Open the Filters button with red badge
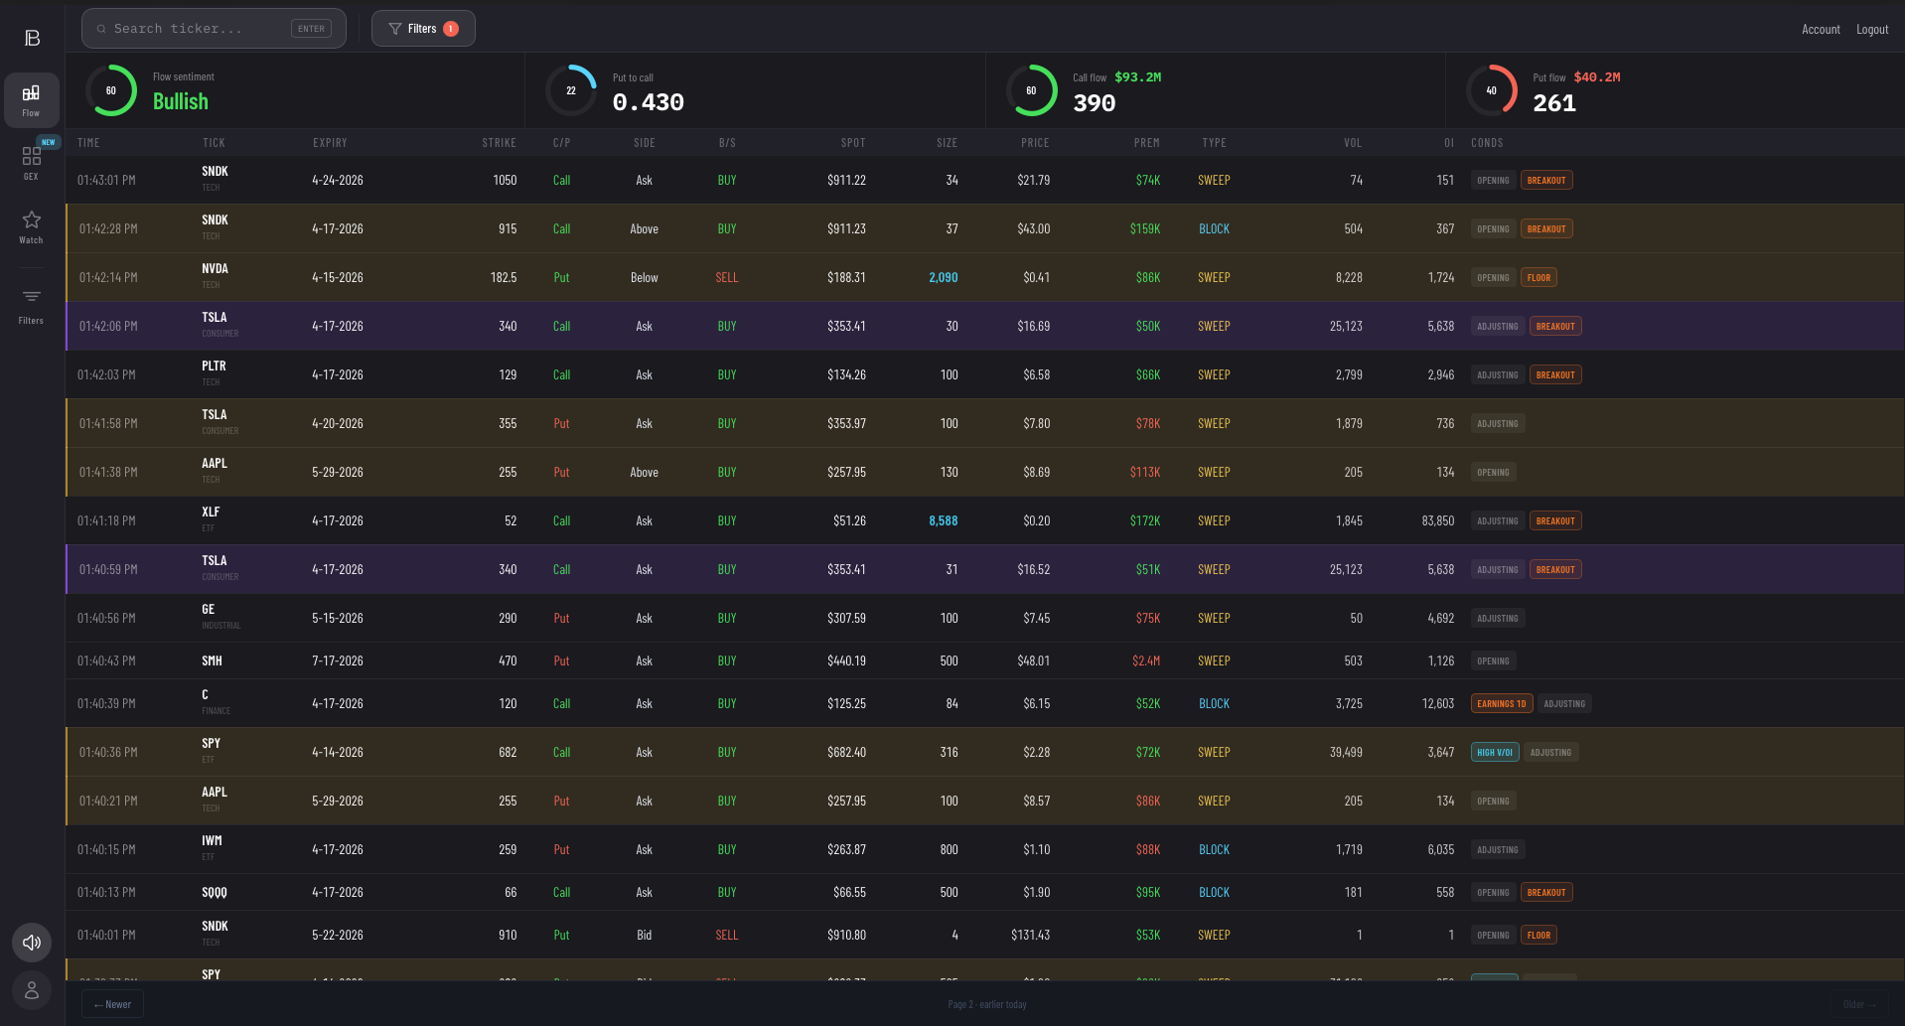tap(423, 29)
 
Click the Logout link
tap(1871, 30)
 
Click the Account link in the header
tap(1820, 30)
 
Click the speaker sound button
tap(32, 943)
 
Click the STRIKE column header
tap(499, 143)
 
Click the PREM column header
tap(1146, 143)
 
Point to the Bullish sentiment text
tap(181, 101)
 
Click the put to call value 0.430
tap(648, 102)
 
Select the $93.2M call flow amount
tap(1137, 77)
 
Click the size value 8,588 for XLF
tap(943, 520)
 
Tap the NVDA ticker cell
tap(215, 269)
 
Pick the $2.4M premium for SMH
tap(1145, 661)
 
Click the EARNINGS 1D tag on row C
tap(1501, 704)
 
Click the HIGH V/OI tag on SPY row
tap(1494, 753)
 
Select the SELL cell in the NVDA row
tap(726, 278)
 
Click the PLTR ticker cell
tap(214, 366)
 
